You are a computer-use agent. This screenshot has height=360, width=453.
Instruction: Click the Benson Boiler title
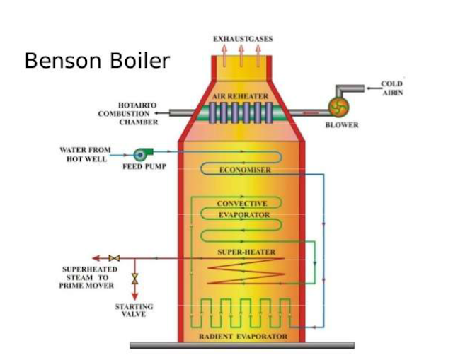pos(97,61)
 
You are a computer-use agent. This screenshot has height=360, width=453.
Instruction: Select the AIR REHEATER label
pos(241,95)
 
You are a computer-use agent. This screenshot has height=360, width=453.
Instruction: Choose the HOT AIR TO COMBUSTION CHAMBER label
pos(129,113)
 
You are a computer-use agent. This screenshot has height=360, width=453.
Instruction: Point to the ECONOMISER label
pos(245,170)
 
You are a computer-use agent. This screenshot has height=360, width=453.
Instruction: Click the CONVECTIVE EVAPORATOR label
pos(242,209)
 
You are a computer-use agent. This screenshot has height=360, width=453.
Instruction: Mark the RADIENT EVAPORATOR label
pos(242,336)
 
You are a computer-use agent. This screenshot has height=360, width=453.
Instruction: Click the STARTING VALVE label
pos(134,310)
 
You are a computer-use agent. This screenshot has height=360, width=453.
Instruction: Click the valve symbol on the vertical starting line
pos(134,277)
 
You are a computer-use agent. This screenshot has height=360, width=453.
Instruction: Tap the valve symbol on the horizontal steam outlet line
pos(116,258)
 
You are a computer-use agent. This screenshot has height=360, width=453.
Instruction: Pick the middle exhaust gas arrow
pos(241,52)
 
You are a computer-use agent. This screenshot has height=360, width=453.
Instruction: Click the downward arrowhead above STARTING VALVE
pos(134,297)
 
